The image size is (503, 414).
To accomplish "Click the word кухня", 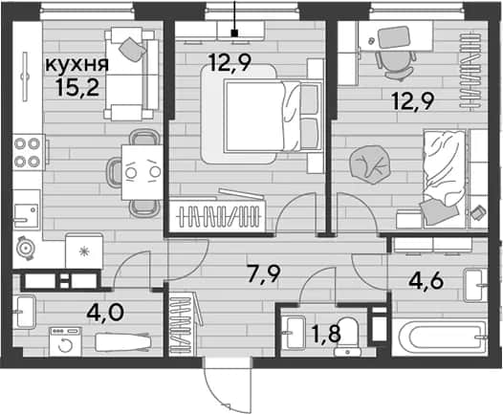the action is click(77, 65).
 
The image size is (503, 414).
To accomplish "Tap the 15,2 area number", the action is click(77, 87).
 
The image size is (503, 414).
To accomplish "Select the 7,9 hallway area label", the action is click(264, 274).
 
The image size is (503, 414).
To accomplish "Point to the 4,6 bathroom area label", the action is click(426, 281).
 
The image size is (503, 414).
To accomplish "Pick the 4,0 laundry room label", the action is click(105, 313).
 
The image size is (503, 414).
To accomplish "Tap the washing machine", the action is click(65, 341).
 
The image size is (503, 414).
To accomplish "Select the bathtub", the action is click(439, 337).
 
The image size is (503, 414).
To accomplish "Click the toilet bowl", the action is click(347, 337).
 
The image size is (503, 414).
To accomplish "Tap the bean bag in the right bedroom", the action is click(370, 164).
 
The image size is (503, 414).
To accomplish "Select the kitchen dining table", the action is click(142, 172).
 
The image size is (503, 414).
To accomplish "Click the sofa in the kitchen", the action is click(131, 74).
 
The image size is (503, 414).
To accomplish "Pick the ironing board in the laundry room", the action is click(123, 342).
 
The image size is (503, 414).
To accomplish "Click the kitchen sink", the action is click(27, 211).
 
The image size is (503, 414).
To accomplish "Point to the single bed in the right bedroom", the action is click(445, 178).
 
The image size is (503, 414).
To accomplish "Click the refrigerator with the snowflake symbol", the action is click(84, 251).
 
